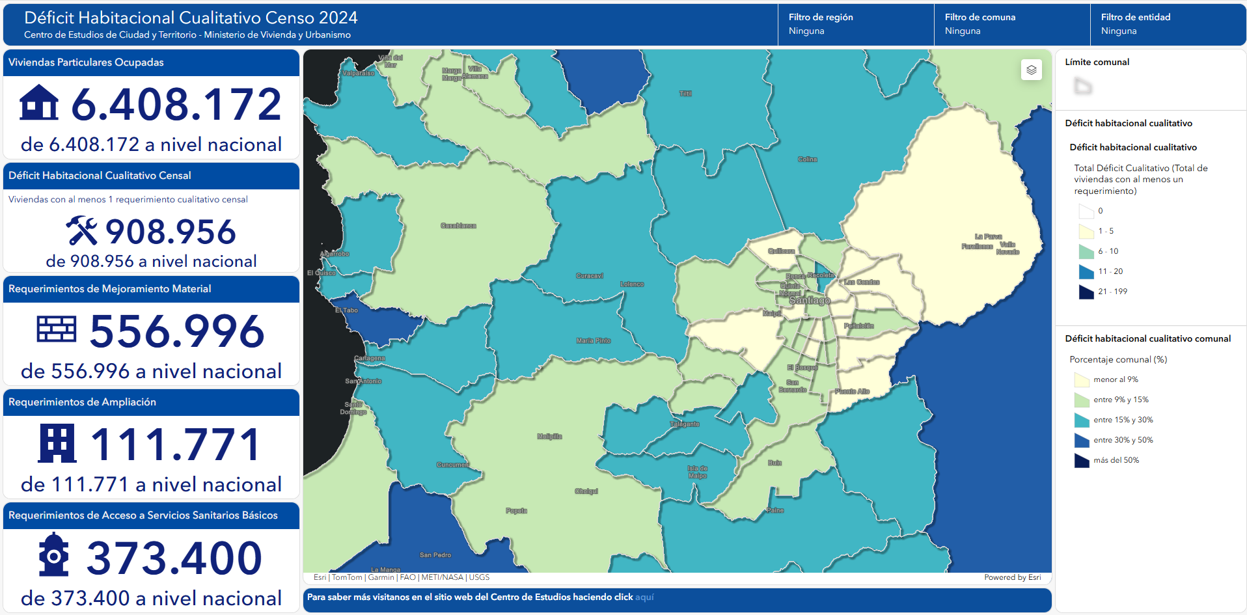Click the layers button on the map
[1031, 70]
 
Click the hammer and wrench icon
[81, 231]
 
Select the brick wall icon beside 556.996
[57, 329]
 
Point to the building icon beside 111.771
[57, 443]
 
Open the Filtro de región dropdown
[855, 24]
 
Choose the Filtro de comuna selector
[1011, 24]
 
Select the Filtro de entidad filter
[1168, 24]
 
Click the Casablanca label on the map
[458, 226]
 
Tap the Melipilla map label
[549, 437]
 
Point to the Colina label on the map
[807, 159]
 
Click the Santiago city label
[809, 301]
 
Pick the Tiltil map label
[685, 94]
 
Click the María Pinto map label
[593, 340]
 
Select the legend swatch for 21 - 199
[1086, 292]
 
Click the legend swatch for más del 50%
[1081, 460]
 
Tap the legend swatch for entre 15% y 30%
[1081, 420]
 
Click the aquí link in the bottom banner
[644, 597]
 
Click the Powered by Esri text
[1012, 577]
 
